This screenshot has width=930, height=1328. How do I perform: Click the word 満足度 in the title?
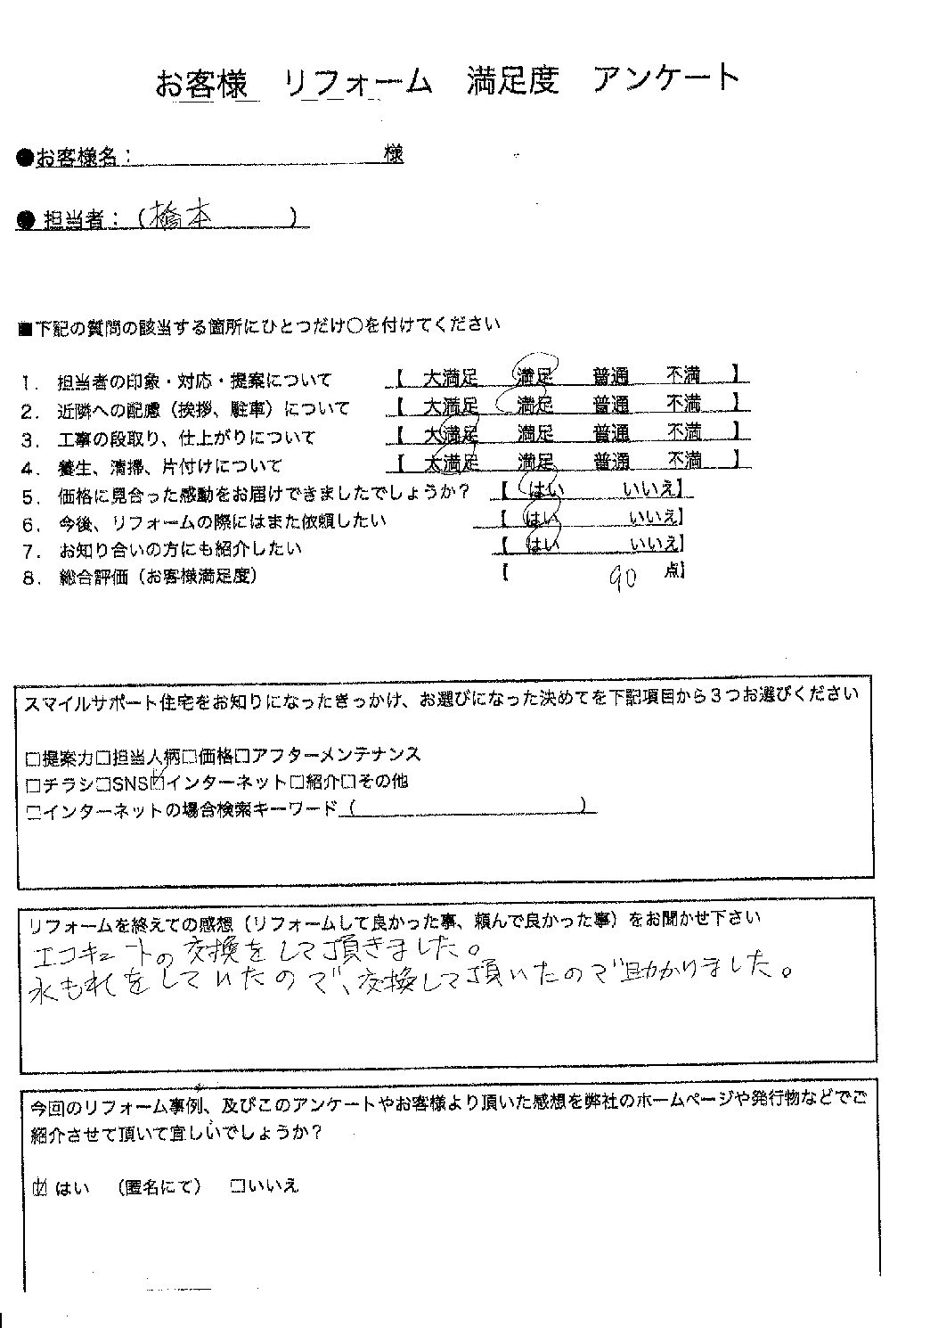(512, 80)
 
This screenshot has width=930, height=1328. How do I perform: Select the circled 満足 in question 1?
(534, 376)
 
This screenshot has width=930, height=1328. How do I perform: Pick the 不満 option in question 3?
(684, 433)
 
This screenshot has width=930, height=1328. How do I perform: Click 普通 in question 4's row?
(611, 462)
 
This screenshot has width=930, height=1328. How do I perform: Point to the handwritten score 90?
(621, 580)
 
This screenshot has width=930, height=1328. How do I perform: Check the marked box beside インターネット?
(159, 783)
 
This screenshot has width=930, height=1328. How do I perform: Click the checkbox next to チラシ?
(33, 783)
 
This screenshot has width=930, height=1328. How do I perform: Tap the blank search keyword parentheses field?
(468, 807)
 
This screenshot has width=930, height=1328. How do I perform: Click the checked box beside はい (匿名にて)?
(39, 1186)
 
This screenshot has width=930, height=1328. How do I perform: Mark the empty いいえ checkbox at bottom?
(238, 1186)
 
